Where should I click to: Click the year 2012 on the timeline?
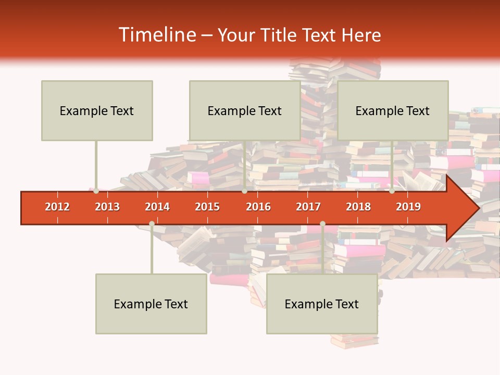click(x=57, y=207)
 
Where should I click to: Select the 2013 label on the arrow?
click(x=107, y=207)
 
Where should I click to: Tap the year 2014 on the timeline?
click(x=157, y=207)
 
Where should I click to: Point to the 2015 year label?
click(x=207, y=207)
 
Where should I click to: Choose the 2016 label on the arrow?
click(x=258, y=207)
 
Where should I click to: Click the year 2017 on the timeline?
click(x=308, y=207)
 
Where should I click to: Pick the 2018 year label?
click(x=358, y=207)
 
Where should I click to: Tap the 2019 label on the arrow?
click(x=408, y=207)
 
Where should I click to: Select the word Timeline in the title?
click(x=156, y=35)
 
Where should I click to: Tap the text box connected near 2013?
click(x=97, y=110)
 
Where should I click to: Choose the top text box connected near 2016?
click(x=245, y=110)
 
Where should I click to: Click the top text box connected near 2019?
click(x=393, y=110)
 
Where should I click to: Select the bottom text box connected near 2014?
click(x=151, y=304)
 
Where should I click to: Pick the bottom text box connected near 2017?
click(x=322, y=304)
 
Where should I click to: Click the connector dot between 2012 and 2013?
click(x=96, y=191)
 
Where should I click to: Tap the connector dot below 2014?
click(x=152, y=223)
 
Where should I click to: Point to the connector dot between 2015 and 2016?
click(x=244, y=191)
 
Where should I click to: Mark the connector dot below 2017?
click(x=322, y=223)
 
